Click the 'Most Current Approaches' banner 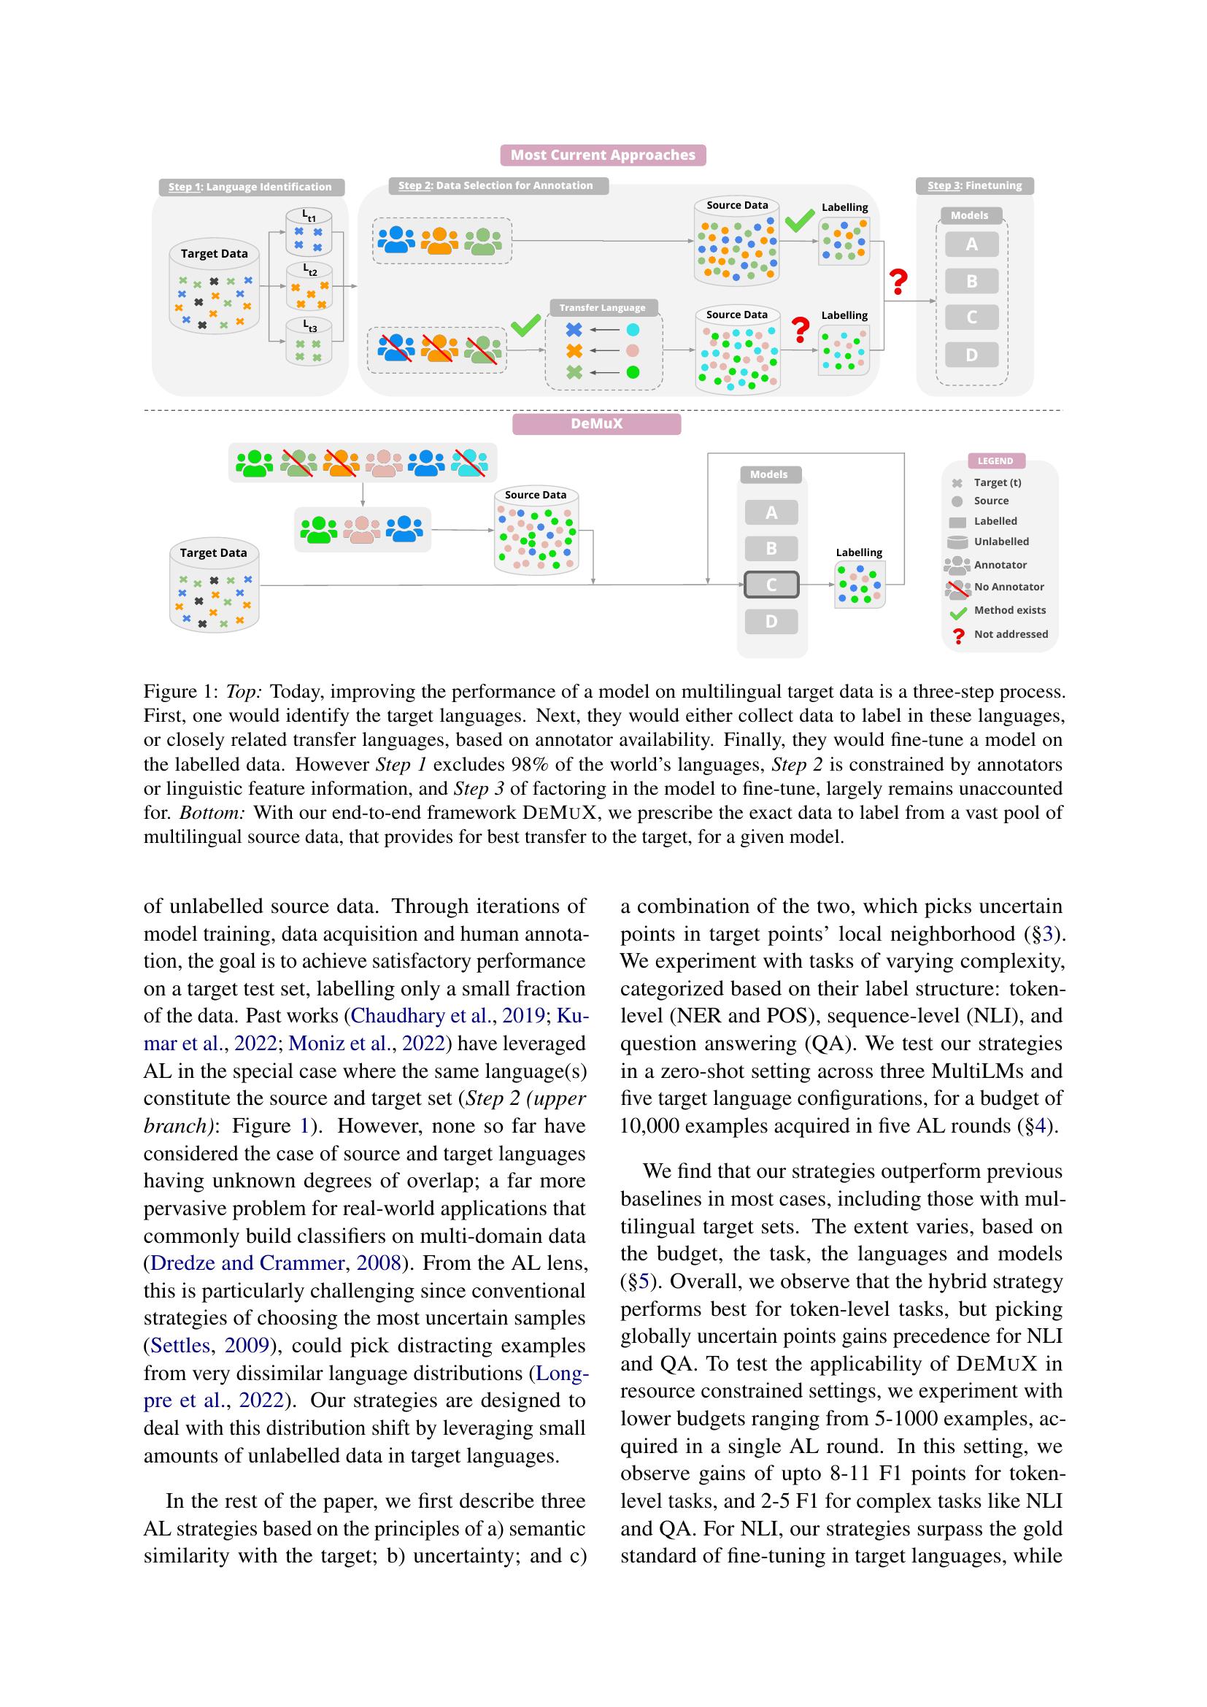pos(603,155)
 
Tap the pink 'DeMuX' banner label pos(596,424)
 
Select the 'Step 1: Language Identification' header pos(250,187)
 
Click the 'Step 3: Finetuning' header pos(974,185)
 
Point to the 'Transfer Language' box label pos(602,307)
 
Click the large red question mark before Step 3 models pos(898,282)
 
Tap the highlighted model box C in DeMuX pos(771,585)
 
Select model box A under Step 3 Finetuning pos(971,244)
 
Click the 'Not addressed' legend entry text pos(1010,634)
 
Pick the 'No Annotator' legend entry pos(1009,587)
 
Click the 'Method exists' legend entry pos(1009,609)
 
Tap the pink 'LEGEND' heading pos(995,461)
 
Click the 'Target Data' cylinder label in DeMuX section pos(213,552)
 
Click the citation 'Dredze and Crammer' pos(247,1263)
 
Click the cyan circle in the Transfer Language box pos(633,329)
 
